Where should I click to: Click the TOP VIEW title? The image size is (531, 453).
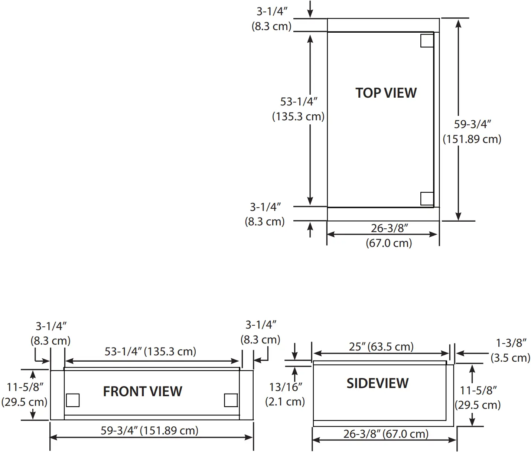[x=386, y=93]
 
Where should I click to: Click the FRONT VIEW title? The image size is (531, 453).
[x=143, y=391]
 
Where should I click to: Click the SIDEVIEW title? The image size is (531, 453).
[x=377, y=383]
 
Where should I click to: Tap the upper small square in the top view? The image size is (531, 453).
[x=427, y=40]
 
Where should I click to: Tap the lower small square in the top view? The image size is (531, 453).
[x=427, y=199]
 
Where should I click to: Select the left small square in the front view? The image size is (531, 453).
[x=73, y=400]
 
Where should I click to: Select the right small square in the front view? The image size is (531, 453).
[x=231, y=400]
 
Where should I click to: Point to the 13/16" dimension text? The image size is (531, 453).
[x=286, y=387]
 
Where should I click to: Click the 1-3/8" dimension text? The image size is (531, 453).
[x=511, y=343]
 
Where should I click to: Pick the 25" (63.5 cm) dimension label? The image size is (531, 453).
[x=381, y=347]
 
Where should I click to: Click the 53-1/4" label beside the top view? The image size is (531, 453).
[x=299, y=101]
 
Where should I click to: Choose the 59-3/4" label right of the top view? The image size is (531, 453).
[x=472, y=124]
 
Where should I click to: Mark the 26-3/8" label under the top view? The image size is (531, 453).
[x=389, y=228]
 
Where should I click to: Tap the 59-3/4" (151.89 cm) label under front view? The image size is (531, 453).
[x=149, y=430]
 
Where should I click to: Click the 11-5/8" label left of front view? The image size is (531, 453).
[x=25, y=387]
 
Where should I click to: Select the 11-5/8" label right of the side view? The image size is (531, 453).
[x=478, y=390]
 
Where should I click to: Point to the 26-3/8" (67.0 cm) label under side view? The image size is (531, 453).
[x=386, y=434]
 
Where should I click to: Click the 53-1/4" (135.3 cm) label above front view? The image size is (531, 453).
[x=150, y=351]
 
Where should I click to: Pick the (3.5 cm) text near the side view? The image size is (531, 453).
[x=510, y=358]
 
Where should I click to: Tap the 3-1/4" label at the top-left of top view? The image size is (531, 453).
[x=272, y=12]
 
